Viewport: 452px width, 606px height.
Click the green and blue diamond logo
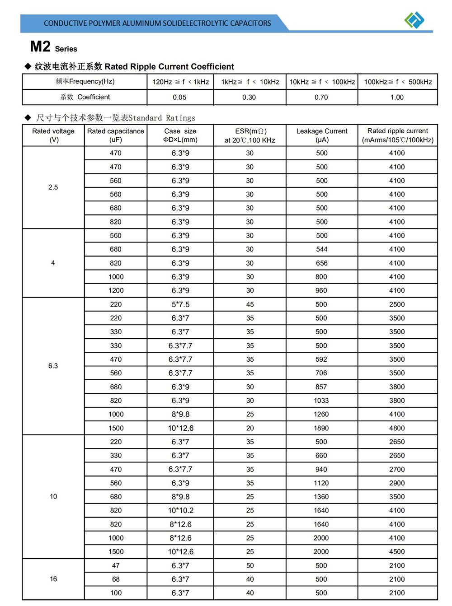414,20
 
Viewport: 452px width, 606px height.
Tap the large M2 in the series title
40,47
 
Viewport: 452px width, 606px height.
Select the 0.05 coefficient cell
179,97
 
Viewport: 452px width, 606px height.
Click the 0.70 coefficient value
321,97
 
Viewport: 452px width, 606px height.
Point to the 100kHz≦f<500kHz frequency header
398,82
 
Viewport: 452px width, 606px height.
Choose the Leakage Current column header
322,135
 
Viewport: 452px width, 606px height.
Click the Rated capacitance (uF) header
116,135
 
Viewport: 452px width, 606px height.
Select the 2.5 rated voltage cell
53,187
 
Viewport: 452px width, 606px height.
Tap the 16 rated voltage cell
53,579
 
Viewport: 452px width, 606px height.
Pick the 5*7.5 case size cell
180,304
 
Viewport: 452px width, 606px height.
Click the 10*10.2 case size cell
180,510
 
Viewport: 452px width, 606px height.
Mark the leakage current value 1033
321,401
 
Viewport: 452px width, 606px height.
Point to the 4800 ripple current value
397,428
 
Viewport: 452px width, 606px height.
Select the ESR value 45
250,304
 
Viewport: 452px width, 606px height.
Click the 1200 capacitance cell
116,290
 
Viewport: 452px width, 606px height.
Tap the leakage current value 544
321,249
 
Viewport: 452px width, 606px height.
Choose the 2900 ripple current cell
397,483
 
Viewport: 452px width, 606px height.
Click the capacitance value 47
116,565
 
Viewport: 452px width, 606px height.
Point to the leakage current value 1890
321,428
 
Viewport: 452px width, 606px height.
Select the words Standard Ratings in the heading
162,118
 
